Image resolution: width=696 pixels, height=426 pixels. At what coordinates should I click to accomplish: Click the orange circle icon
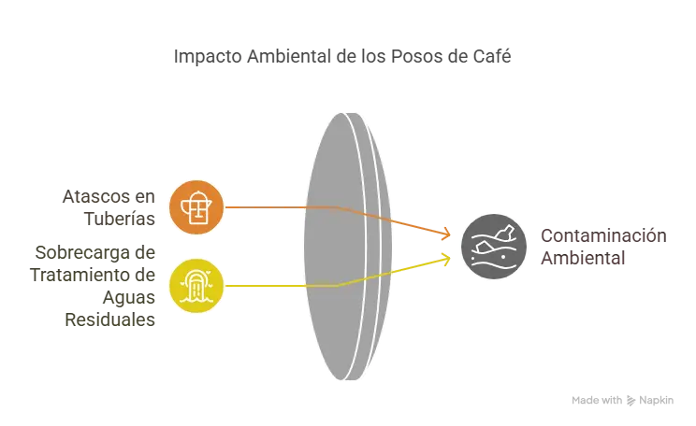196,207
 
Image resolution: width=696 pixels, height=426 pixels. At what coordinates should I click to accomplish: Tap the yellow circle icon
196,285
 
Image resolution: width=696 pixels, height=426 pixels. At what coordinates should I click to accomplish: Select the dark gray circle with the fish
493,247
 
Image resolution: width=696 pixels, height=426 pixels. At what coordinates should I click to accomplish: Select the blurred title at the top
343,58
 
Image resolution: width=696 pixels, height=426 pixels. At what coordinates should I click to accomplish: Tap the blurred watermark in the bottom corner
620,401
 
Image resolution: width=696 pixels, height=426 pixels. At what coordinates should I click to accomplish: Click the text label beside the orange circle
108,208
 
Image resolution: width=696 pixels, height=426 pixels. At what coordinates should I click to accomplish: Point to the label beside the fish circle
603,248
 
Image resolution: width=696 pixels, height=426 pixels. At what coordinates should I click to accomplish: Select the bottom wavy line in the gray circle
493,266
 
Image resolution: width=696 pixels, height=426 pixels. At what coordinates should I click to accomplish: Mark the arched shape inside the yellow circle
196,280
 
